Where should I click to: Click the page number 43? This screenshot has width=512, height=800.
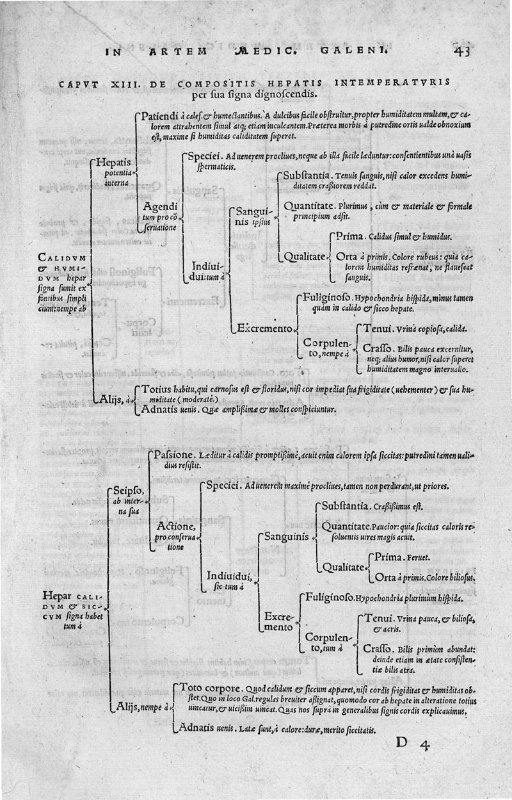[x=461, y=51]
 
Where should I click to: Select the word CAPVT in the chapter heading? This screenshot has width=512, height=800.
[x=79, y=84]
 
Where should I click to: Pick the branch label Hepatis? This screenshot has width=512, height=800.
[x=113, y=163]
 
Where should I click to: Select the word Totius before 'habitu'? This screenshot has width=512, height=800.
[x=156, y=389]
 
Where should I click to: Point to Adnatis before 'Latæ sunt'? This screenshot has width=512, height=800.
[x=201, y=728]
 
